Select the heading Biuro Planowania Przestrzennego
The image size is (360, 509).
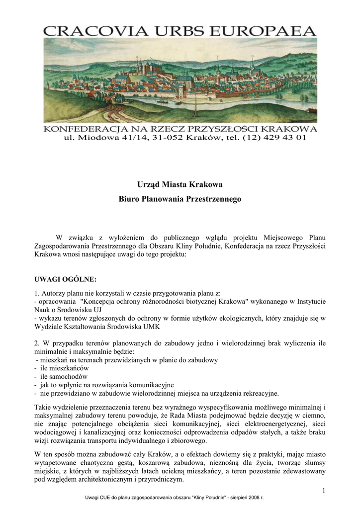click(x=180, y=199)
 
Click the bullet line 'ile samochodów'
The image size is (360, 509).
click(x=62, y=376)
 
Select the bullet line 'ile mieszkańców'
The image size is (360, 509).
click(x=62, y=368)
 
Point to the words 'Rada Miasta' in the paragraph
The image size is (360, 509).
click(x=192, y=415)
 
